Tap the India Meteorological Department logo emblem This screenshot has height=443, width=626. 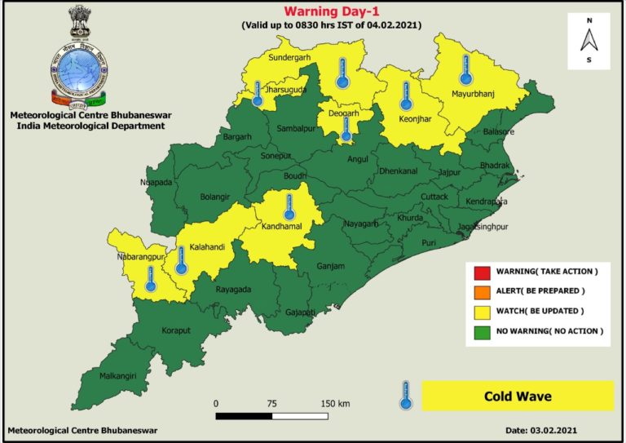point(79,61)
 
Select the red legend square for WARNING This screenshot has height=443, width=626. point(480,271)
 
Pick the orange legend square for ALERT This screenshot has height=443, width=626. point(480,291)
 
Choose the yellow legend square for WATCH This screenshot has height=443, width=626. point(480,312)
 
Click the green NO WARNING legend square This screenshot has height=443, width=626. point(480,331)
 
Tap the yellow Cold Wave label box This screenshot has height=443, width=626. point(518,396)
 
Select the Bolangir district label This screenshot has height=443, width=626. point(214,197)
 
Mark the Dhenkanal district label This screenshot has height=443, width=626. point(398,171)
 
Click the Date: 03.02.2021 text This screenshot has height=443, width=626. point(540,429)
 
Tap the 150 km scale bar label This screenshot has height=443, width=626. point(335,403)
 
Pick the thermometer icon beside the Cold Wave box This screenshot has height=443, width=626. point(403,395)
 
